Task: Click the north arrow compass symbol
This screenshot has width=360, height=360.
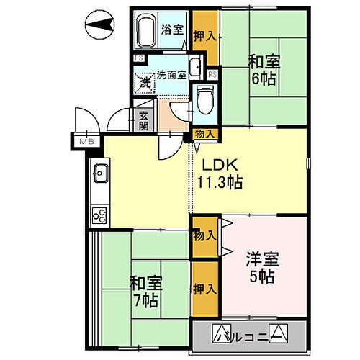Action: pos(98,27)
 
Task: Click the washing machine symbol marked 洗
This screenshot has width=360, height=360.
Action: pos(145,83)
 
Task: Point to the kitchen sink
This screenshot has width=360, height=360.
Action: pos(99,175)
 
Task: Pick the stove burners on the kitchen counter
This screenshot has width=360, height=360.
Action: pos(99,214)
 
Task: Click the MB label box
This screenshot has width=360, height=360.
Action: pos(87,142)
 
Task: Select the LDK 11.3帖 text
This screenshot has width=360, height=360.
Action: pos(217,173)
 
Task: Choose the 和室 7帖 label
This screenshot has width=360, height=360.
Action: pos(145,289)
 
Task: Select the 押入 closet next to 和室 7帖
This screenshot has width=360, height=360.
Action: pos(205,289)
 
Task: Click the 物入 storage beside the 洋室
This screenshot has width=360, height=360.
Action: pos(204,235)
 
